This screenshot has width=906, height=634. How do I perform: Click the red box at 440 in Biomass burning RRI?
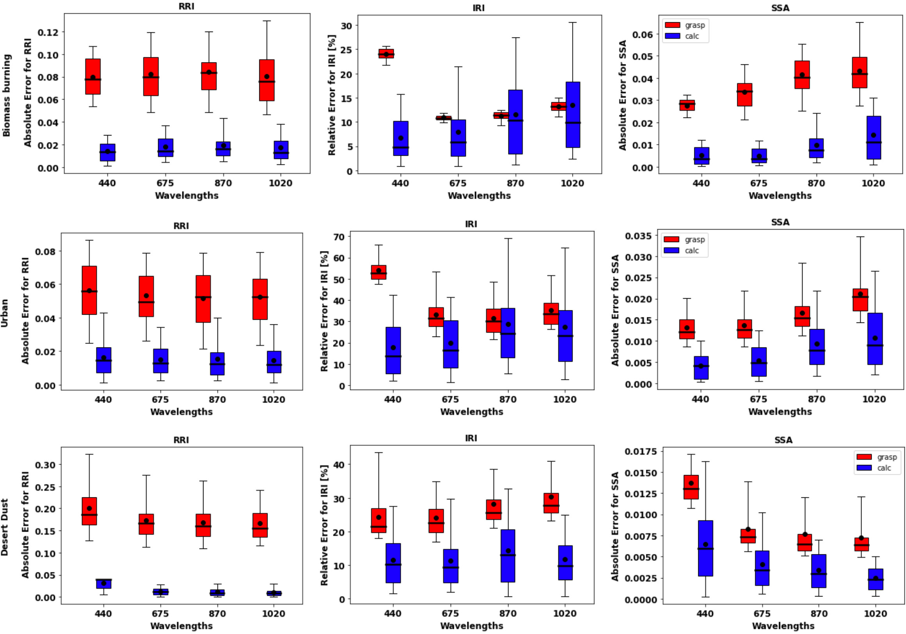(x=93, y=77)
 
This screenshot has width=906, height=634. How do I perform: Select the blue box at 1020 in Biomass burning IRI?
(x=572, y=114)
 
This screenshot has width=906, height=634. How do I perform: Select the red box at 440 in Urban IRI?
(x=378, y=272)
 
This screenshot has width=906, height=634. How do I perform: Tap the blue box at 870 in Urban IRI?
(x=508, y=333)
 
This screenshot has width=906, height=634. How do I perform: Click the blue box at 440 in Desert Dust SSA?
(x=705, y=548)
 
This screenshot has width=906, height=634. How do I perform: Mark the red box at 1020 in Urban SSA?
(x=860, y=300)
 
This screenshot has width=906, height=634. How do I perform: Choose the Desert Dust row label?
(x=5, y=527)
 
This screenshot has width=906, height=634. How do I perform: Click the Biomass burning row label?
(x=6, y=96)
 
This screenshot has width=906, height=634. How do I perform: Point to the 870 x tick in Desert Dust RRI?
(x=217, y=614)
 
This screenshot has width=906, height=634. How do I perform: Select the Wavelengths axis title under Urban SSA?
(x=780, y=412)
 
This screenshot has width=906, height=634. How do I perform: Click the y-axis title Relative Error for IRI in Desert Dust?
(x=325, y=525)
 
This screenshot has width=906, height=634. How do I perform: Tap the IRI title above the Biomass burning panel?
(x=478, y=8)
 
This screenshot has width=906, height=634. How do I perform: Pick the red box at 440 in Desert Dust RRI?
(x=89, y=511)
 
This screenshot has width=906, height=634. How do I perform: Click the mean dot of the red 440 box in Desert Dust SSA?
(x=691, y=483)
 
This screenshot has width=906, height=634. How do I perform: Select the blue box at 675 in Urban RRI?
(x=161, y=361)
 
